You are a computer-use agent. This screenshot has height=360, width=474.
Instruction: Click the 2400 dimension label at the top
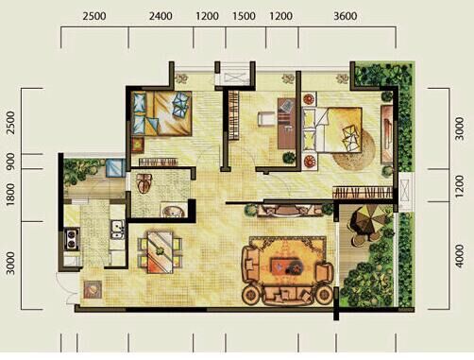coord(161,16)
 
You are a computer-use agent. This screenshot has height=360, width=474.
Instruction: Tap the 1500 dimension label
coord(244,16)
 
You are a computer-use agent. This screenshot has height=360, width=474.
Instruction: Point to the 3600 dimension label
coord(346,16)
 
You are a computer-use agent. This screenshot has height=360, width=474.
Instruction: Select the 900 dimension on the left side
coord(10,162)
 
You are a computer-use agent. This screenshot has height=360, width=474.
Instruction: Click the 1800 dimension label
coord(10,195)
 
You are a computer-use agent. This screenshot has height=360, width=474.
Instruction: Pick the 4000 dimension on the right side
coord(460,256)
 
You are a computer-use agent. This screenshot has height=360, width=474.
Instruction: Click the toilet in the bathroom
coord(144,183)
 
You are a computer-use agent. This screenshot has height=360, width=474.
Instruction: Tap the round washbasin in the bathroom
coord(173,211)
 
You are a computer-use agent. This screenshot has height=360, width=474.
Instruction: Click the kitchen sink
coord(117,229)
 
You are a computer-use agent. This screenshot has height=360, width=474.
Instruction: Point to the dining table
coord(161,252)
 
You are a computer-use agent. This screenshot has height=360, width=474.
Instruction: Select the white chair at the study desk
coord(264,119)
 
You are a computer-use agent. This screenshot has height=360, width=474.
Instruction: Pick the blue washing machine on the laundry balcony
coord(115,168)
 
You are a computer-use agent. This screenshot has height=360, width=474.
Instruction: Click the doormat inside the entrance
coord(93,289)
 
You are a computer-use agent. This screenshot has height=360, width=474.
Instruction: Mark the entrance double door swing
coord(67,288)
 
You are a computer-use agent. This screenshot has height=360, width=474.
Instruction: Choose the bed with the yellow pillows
coord(332,130)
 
